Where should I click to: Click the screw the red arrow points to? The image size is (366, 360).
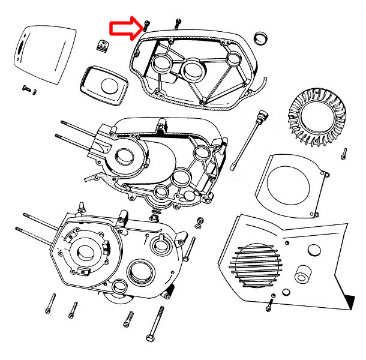146,25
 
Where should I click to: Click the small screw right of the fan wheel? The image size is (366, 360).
344,153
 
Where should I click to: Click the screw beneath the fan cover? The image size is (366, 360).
269,305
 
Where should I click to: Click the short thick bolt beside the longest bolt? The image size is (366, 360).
128,319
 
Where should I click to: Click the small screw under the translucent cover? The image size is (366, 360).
27,88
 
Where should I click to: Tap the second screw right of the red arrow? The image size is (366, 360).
178,23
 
